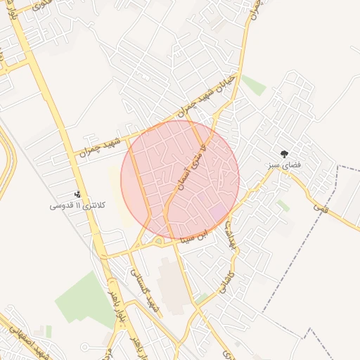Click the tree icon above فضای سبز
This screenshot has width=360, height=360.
(284, 153)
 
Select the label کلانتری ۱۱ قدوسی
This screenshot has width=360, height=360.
(78, 205)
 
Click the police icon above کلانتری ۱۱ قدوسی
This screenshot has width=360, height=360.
(77, 194)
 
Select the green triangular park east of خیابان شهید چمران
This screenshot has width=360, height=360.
(254, 85)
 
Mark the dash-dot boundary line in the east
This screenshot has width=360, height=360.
(295, 260)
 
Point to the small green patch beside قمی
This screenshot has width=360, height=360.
(283, 205)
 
